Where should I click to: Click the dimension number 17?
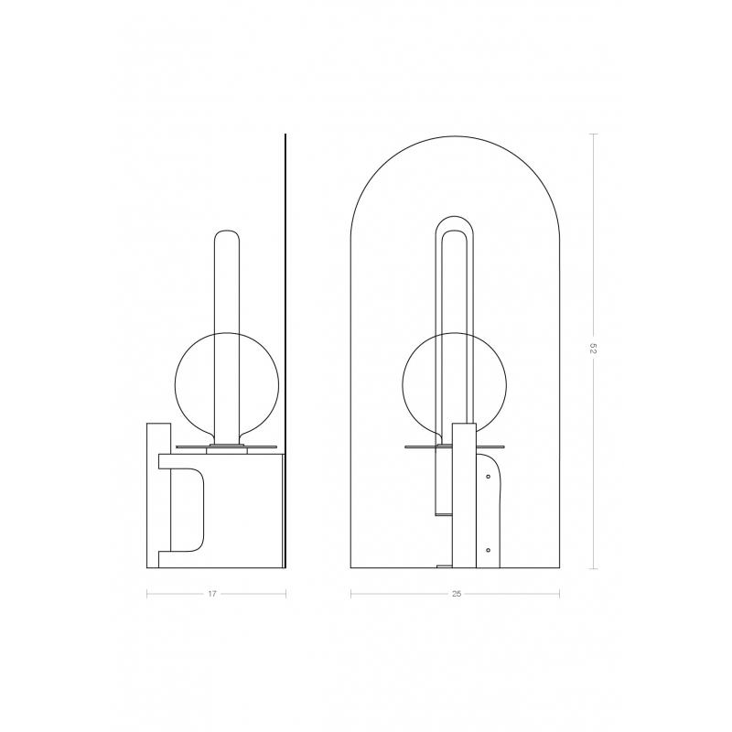point(212,594)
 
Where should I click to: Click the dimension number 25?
point(457,594)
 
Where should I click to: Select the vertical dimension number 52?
point(593,349)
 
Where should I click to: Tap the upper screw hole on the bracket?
point(488,477)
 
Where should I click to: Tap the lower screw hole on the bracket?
point(488,551)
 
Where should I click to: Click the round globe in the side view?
point(175,383)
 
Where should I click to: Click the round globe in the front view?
point(403,383)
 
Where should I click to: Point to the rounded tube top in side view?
point(226,231)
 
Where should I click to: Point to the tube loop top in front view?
point(455,216)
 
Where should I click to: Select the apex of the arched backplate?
point(455,136)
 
